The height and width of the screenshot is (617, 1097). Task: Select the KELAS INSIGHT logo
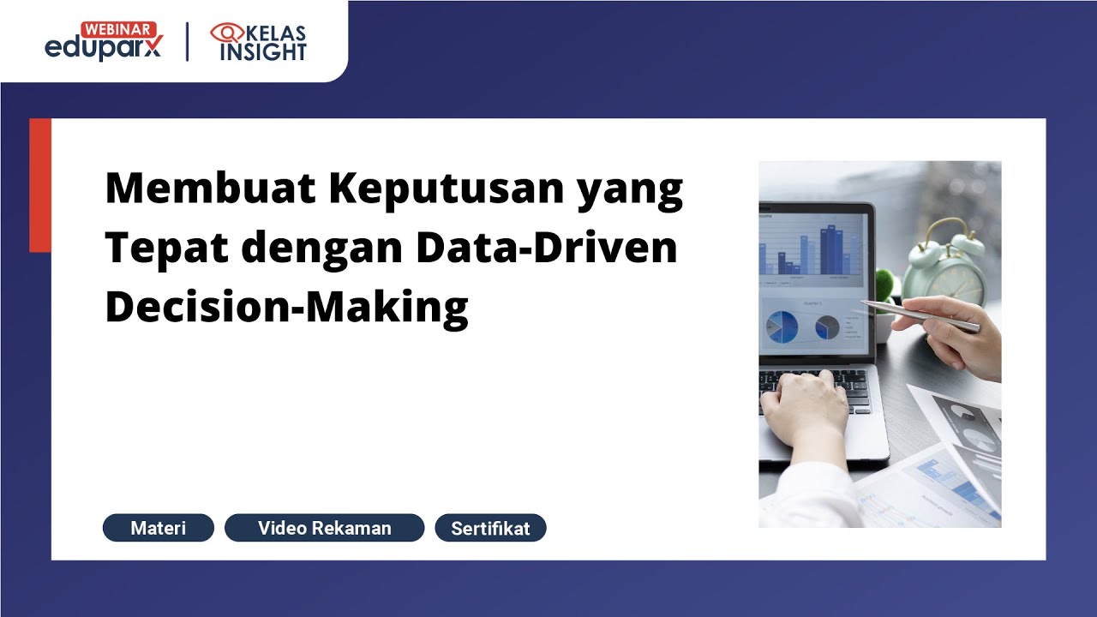[258, 42]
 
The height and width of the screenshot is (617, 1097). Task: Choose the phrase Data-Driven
[547, 247]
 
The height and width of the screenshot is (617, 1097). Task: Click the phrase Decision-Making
[286, 307]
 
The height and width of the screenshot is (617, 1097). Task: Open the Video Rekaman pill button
[324, 528]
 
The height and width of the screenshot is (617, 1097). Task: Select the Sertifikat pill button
[490, 528]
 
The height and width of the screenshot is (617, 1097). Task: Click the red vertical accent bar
[40, 185]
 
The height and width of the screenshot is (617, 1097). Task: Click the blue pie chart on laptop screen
[781, 326]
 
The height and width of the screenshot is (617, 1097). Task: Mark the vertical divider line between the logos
[188, 42]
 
